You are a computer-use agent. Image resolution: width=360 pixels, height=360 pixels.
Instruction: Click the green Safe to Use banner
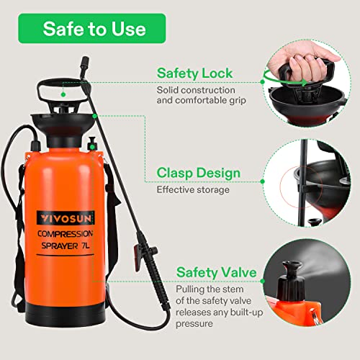(94, 30)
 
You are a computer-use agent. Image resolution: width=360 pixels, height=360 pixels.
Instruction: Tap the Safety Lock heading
(194, 73)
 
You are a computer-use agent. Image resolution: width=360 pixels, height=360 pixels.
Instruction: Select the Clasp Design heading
(199, 173)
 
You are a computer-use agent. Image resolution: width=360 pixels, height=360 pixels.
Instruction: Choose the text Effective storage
(192, 191)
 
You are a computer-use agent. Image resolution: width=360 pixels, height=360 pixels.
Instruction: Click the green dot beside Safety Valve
(168, 273)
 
